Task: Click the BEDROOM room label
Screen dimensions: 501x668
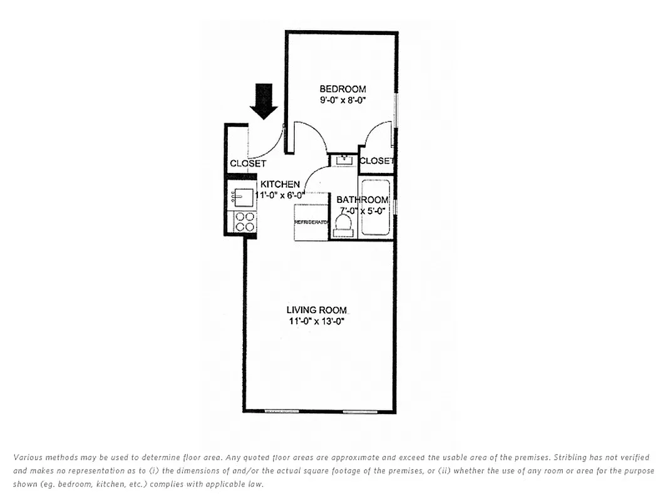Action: [342, 89]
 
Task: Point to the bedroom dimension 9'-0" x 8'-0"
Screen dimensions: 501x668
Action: [342, 100]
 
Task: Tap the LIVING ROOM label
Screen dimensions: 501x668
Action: [316, 310]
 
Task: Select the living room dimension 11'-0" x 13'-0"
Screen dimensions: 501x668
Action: [316, 321]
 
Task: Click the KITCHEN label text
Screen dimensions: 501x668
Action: [280, 184]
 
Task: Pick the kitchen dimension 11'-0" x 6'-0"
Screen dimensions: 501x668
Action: [279, 195]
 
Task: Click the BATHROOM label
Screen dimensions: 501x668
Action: [362, 200]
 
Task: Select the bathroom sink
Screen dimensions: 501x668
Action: [343, 160]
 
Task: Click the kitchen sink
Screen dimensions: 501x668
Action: [241, 198]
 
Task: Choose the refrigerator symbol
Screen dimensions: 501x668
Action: [311, 222]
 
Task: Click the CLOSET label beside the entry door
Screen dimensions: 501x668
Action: [248, 163]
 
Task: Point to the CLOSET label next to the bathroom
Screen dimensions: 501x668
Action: [377, 161]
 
